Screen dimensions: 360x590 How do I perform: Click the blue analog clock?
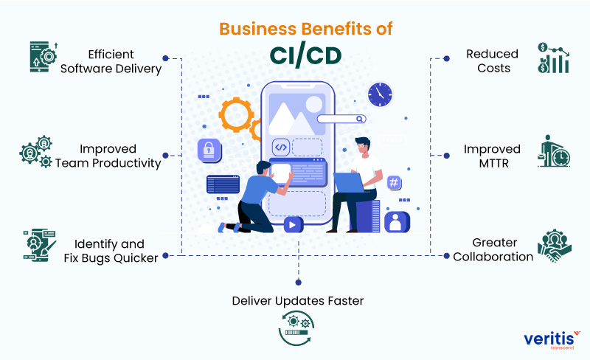click(x=381, y=94)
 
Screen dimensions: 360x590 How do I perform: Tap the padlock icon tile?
click(x=209, y=150)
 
